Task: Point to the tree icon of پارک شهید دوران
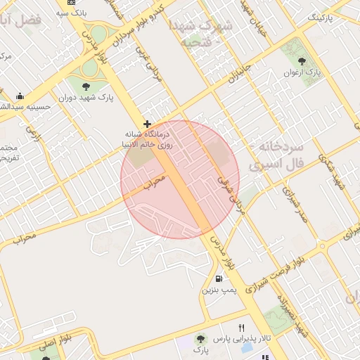86,86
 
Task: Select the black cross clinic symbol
147,124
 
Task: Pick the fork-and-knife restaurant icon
241,328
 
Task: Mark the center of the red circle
181,179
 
